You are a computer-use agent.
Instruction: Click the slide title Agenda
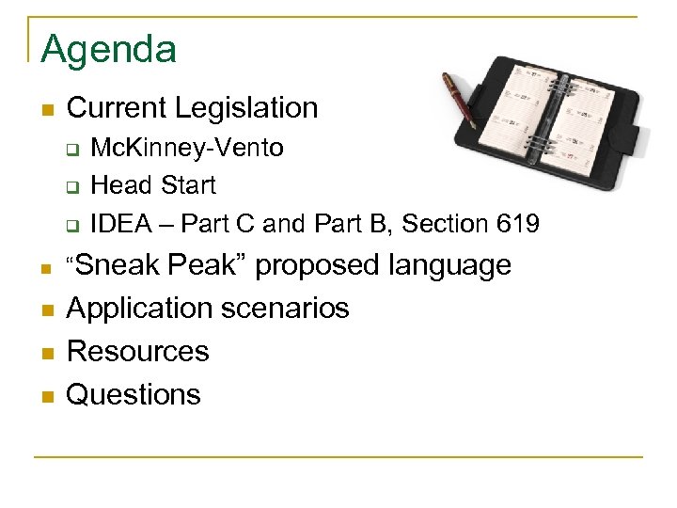point(108,49)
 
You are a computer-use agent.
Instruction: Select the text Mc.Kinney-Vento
point(187,149)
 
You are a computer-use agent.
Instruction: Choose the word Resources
point(138,352)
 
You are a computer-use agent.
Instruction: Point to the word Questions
point(134,395)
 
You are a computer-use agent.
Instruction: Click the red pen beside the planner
point(460,99)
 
